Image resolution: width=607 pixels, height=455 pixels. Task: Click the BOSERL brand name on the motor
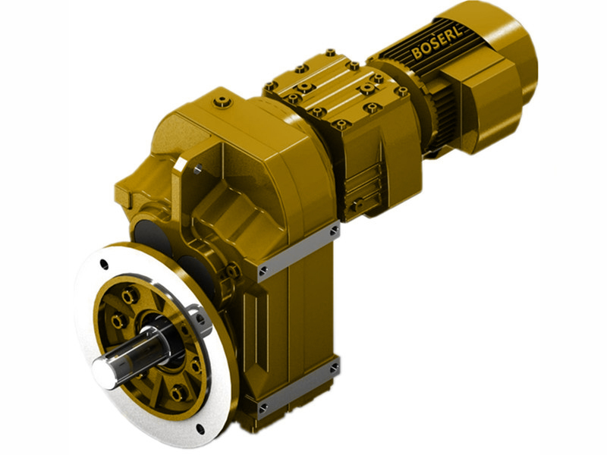(440, 43)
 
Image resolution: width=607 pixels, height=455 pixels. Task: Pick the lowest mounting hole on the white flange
(199, 428)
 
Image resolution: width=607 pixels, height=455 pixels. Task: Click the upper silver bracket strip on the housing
(298, 251)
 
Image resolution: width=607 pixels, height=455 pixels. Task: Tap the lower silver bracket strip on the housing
(298, 388)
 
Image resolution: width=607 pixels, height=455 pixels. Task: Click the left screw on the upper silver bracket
(263, 270)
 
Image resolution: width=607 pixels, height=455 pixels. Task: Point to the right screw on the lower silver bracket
(333, 369)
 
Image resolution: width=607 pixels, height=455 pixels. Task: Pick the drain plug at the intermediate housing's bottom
(354, 206)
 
